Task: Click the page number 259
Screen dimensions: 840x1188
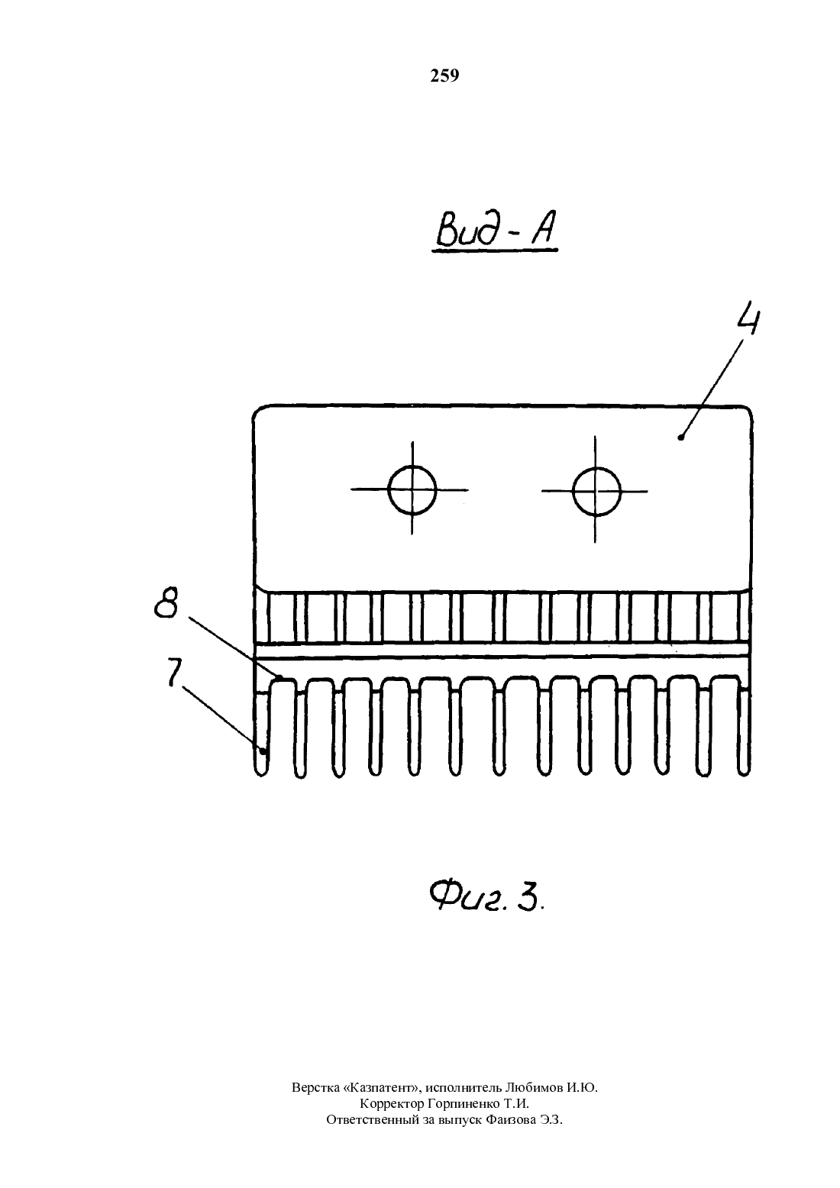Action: coord(444,76)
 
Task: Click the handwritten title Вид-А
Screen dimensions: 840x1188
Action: coord(496,231)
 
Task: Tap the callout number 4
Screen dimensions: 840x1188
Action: coord(746,319)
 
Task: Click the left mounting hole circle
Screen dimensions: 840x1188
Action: coord(412,490)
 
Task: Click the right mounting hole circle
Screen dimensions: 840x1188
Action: coord(596,492)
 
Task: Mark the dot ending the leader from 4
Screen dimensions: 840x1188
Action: coord(680,437)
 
